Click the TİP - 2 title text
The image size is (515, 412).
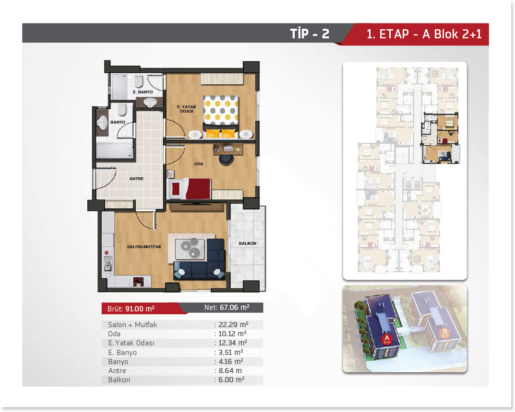[310, 34]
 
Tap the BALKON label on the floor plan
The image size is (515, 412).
[247, 243]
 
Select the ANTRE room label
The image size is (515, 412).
[136, 179]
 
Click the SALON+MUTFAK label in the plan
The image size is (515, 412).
[144, 246]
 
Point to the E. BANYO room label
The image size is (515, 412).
[143, 92]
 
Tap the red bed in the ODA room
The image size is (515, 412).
[190, 189]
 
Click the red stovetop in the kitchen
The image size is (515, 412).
[138, 281]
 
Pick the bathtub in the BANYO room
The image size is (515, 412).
[115, 150]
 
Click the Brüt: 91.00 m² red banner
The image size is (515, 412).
[141, 309]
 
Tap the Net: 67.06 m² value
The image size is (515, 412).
[227, 308]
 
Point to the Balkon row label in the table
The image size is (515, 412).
[119, 380]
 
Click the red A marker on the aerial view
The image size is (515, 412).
[387, 339]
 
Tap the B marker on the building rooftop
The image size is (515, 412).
[445, 333]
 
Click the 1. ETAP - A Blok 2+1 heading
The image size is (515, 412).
[424, 34]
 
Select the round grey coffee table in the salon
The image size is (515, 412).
[194, 252]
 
